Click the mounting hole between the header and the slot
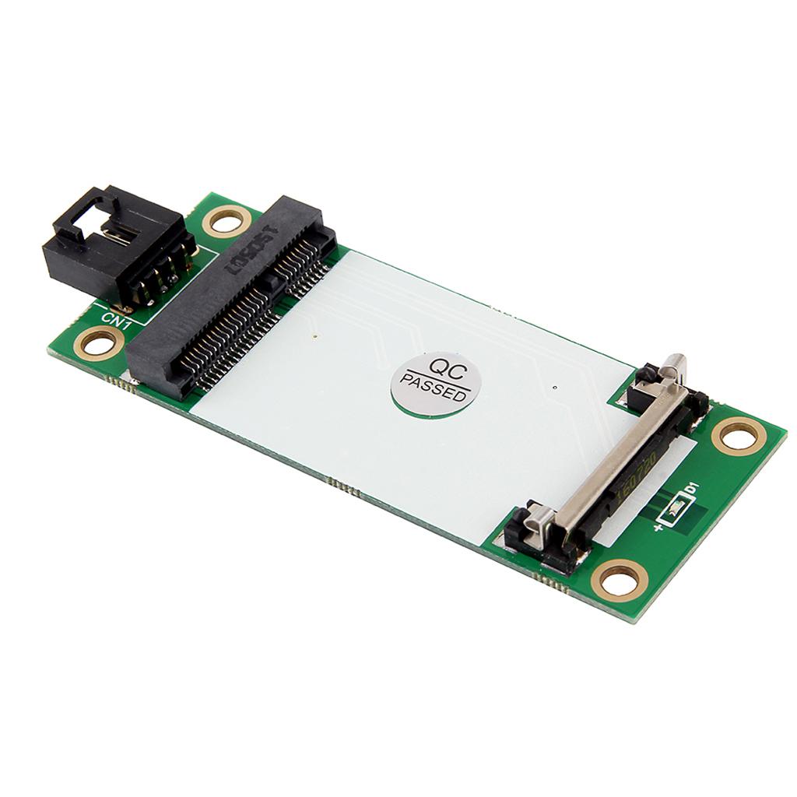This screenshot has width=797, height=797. [226, 222]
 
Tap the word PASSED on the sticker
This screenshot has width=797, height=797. [434, 389]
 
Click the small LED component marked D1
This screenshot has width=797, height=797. [674, 511]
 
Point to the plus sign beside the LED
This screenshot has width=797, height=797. [658, 528]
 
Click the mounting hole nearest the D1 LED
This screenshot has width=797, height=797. [738, 436]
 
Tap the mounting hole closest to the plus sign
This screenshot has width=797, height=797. [620, 580]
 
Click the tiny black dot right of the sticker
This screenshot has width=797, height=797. [553, 387]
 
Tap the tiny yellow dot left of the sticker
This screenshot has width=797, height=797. [314, 337]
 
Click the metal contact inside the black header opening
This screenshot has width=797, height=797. [112, 233]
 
